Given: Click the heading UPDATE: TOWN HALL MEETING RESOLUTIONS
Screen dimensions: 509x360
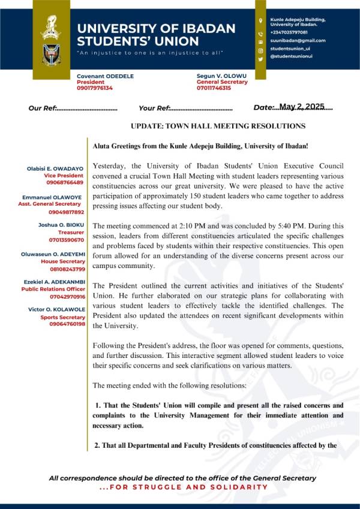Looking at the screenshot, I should [218, 126].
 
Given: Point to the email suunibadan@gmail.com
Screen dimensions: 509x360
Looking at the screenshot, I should [298, 40].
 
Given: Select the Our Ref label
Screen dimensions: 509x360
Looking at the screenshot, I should [42, 109].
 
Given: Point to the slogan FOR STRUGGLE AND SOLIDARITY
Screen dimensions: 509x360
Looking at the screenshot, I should [184, 487].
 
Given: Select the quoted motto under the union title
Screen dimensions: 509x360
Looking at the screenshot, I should [150, 53].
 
